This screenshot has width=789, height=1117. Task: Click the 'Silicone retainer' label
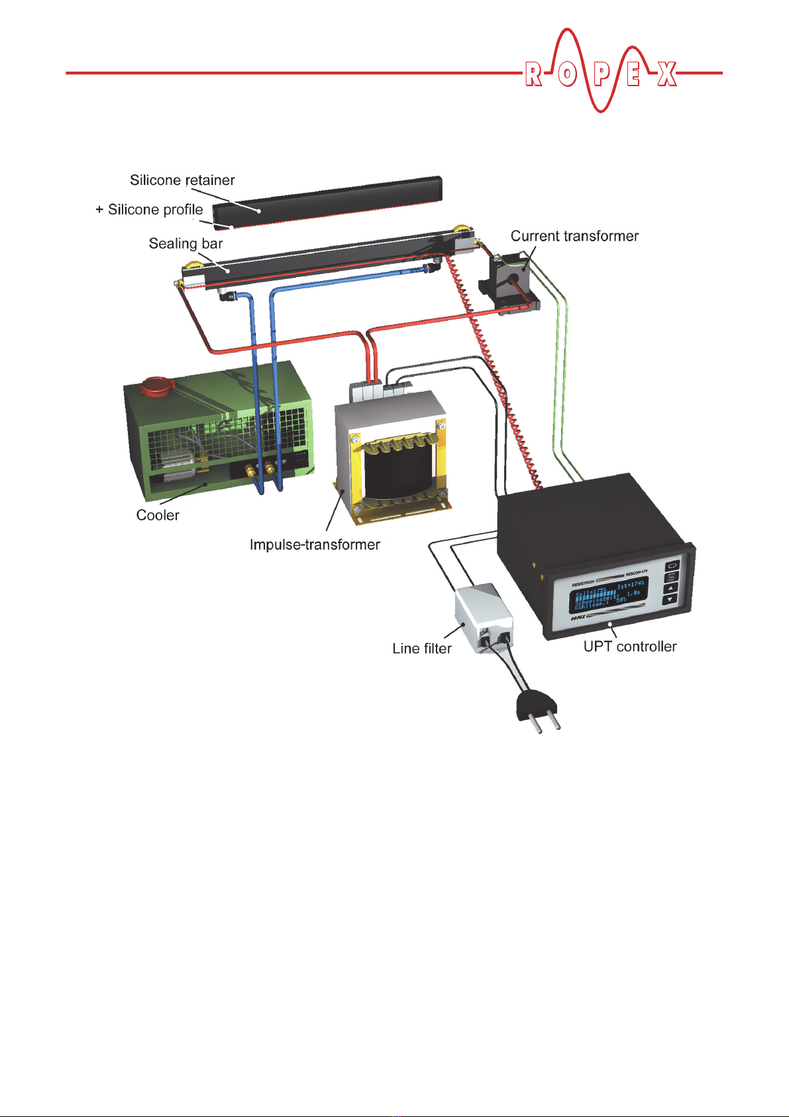point(182,180)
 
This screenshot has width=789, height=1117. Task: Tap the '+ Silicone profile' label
point(150,210)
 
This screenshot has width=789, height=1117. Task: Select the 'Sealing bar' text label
point(185,244)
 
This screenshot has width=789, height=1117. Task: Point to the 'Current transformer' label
point(574,237)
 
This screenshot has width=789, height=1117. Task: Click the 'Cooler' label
point(158,515)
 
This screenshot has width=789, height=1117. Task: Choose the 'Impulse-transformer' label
point(315,545)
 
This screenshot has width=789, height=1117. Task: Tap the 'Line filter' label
point(422,648)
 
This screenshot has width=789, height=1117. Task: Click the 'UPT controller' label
point(630,646)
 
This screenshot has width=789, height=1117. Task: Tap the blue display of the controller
point(608,595)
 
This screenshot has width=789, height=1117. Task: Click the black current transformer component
point(509,278)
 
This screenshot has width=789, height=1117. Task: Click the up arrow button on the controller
point(670,587)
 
